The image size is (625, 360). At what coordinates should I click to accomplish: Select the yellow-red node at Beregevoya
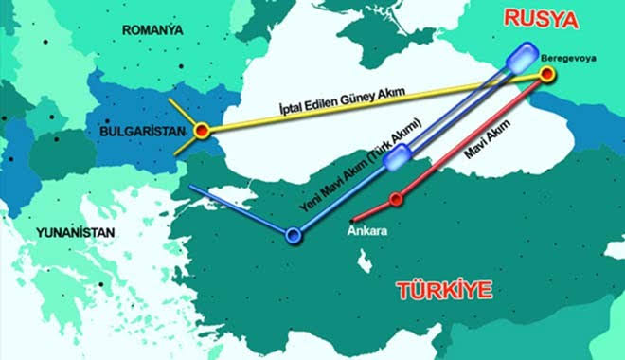pyautogui.click(x=546, y=75)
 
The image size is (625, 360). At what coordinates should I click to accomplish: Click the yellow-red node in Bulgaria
pyautogui.click(x=201, y=132)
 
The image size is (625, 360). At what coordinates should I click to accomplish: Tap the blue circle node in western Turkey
pyautogui.click(x=294, y=233)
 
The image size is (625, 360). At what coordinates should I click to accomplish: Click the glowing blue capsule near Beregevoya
pyautogui.click(x=521, y=58)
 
